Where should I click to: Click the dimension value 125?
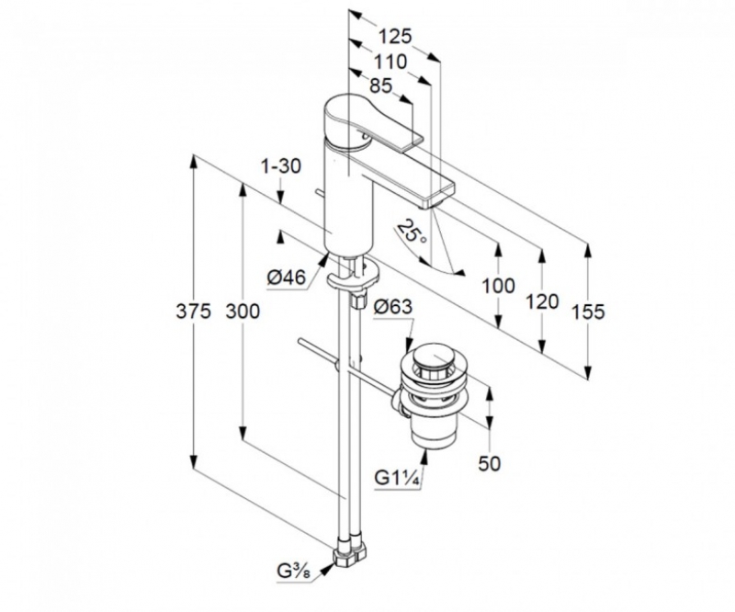394,37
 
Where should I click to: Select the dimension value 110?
391,62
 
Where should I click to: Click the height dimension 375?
194,312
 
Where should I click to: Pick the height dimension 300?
242,312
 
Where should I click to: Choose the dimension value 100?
498,286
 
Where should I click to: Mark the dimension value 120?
543,300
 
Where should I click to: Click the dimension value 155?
588,312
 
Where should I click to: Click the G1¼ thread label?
397,478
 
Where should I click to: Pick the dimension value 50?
490,463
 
